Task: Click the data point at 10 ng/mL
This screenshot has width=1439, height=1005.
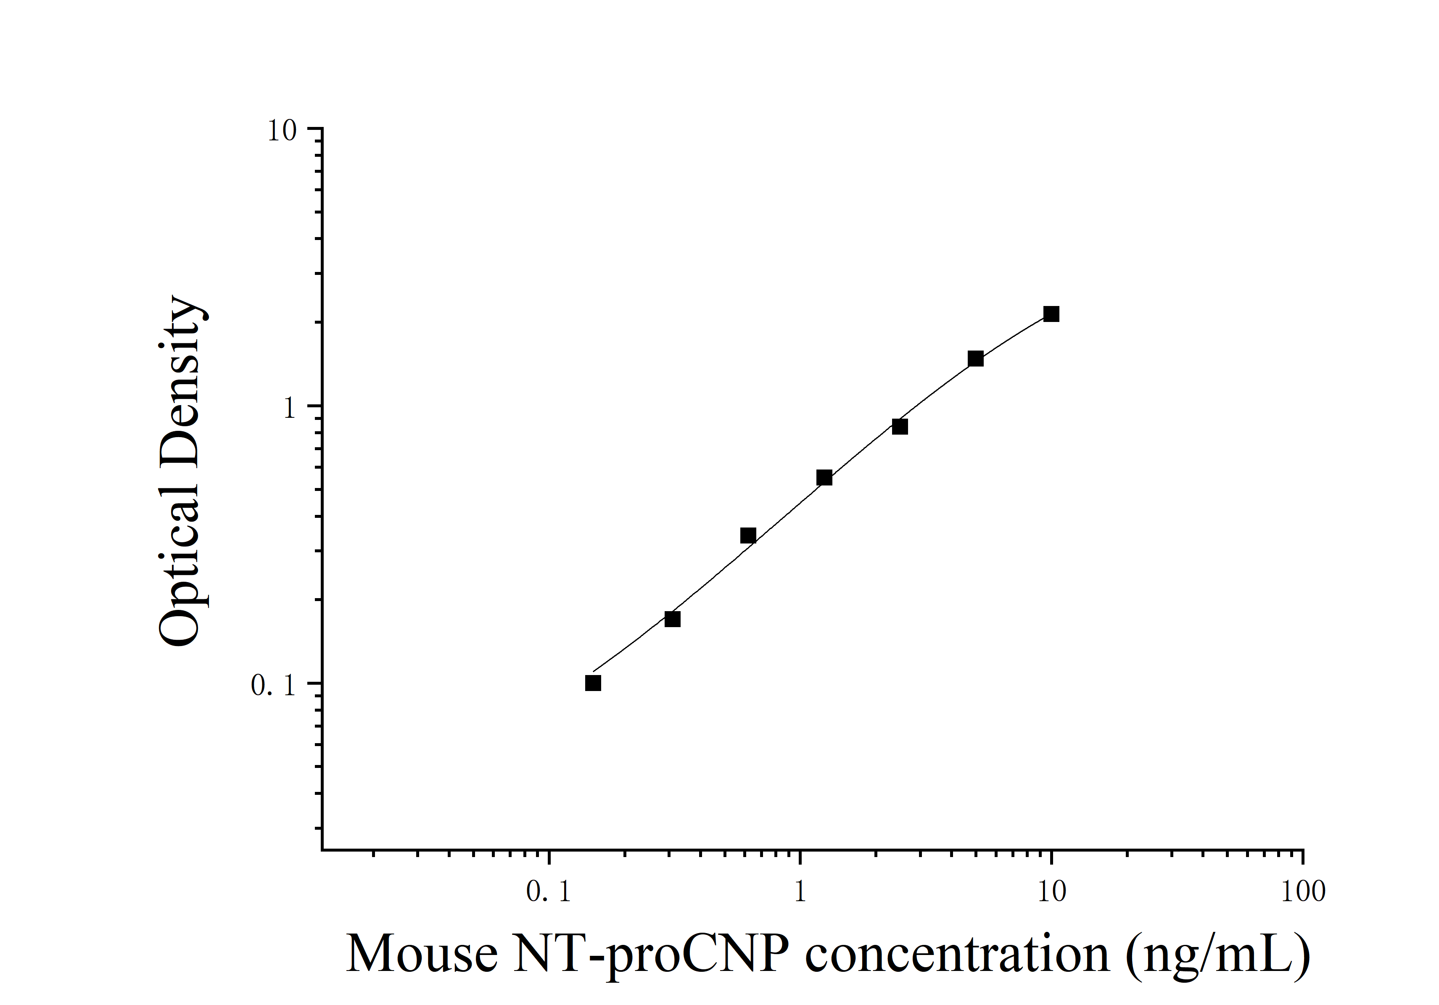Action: coord(1051,314)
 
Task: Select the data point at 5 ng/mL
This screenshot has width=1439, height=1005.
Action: coord(975,359)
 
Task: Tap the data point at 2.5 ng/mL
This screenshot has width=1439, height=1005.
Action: coord(899,427)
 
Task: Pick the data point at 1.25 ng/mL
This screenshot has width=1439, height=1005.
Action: coord(824,478)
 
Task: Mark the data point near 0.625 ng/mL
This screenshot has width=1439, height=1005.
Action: coord(748,535)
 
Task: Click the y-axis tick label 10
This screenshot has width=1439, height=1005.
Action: coord(281,132)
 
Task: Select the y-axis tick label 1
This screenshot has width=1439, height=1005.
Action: coord(289,409)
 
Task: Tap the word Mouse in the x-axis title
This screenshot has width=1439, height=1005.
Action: coord(422,954)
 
